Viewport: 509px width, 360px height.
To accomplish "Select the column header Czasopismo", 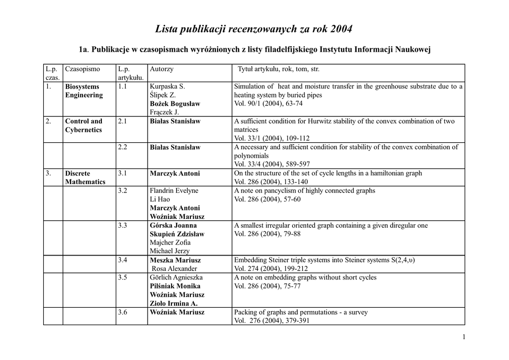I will pos(83,69).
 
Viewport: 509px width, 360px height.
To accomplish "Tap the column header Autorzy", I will pos(162,69).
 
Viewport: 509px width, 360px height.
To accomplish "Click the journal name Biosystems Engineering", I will pos(84,91).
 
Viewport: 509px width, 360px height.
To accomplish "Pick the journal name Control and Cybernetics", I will pos(84,125).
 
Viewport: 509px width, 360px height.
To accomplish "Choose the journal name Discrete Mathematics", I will pos(85,178).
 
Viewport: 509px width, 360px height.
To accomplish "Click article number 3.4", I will pos(123,260).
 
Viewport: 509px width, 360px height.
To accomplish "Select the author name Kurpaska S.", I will pos(167,87).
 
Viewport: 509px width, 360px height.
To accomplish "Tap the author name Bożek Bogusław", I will pos(175,104).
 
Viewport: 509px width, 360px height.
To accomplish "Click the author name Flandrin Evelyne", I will pos(174,191).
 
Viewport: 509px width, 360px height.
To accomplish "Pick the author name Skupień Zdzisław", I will pos(177,234).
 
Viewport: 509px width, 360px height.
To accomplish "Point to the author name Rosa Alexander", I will pos(174,269).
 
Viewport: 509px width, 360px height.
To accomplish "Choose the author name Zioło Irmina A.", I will pos(173,303).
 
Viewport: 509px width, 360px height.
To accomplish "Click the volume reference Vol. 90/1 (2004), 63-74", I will pos(268,104).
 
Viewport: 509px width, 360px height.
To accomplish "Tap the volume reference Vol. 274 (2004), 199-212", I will pos(270,269).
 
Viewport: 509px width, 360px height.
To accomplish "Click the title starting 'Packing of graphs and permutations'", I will pos(301,312).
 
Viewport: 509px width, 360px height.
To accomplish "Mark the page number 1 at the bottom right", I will pos(464,338).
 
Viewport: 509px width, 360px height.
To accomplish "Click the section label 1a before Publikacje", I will pos(84,50).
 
